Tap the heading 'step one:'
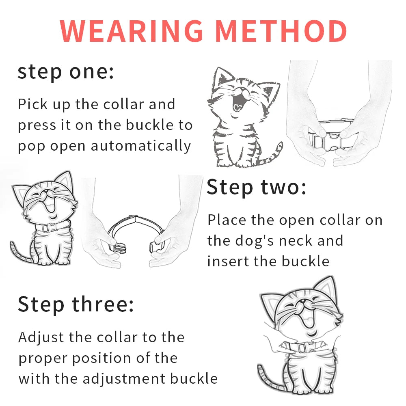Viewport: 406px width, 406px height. [65, 72]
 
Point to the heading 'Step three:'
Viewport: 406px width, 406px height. [76, 304]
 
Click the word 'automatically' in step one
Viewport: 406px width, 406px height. [141, 146]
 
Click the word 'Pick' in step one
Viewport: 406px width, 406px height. [33, 104]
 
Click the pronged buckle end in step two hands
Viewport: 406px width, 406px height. [118, 248]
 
